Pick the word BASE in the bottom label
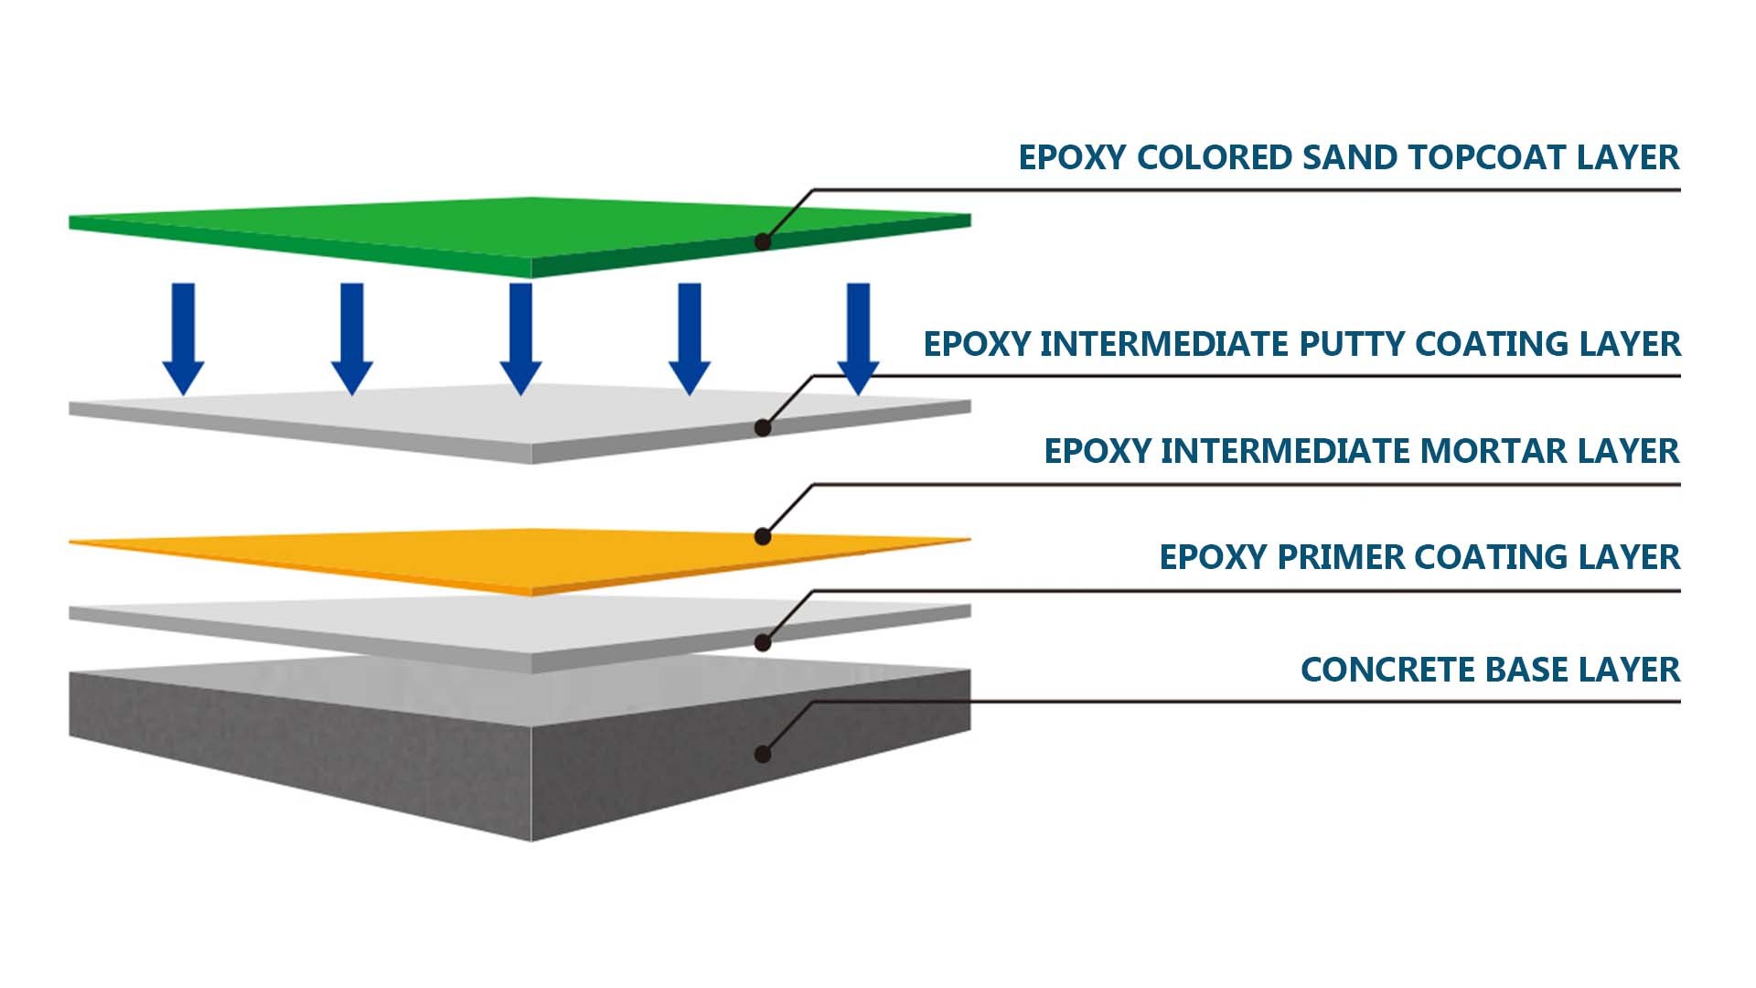click(1533, 670)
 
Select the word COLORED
click(1214, 157)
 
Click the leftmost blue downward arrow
click(183, 338)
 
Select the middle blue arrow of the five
click(520, 338)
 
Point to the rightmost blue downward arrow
click(858, 338)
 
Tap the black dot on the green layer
click(763, 242)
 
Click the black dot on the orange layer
click(763, 537)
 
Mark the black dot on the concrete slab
click(763, 754)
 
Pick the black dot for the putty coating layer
click(763, 427)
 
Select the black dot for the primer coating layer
click(763, 643)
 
